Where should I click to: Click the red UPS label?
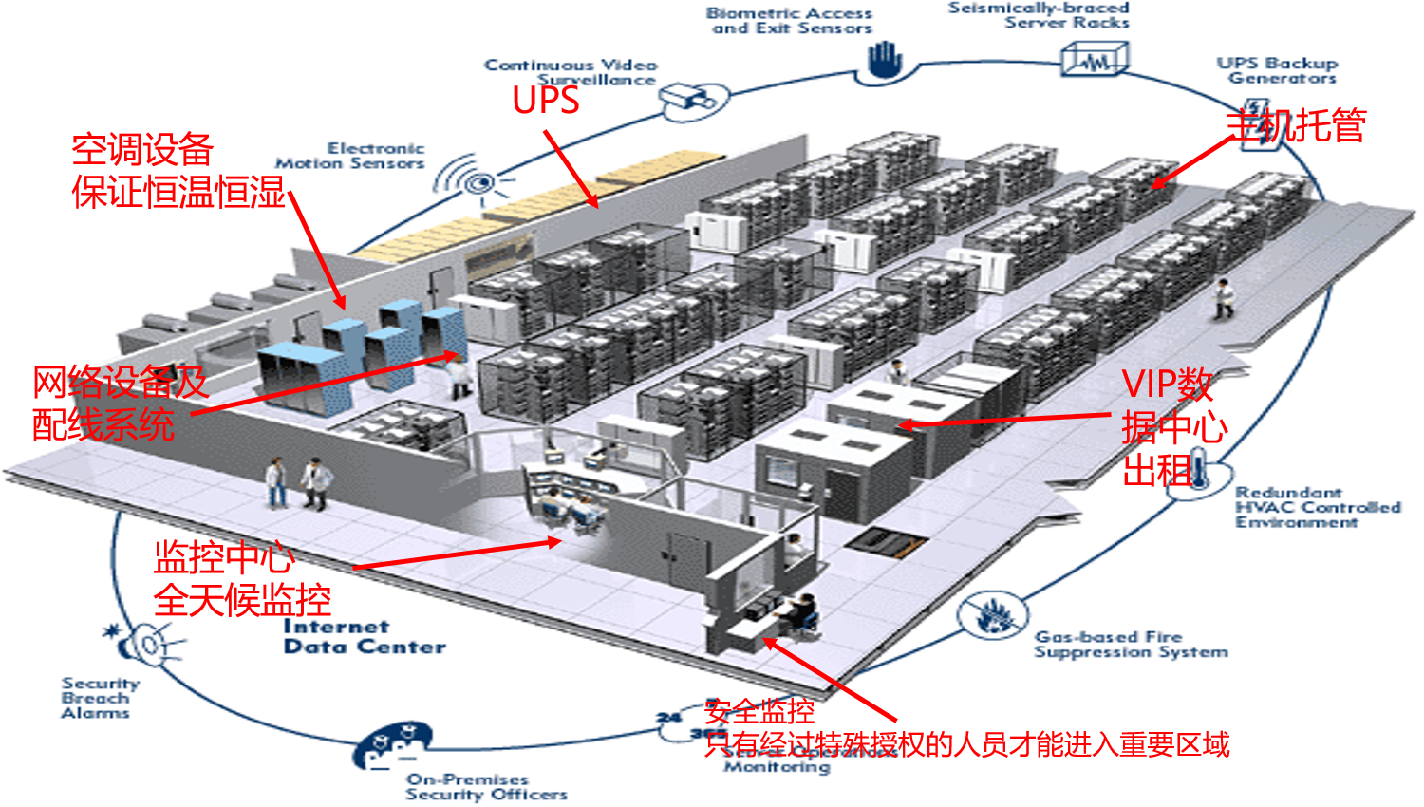[x=546, y=101]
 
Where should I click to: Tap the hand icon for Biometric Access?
[x=883, y=60]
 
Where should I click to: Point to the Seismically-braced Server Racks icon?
[x=1095, y=61]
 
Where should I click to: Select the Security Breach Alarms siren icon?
[x=142, y=643]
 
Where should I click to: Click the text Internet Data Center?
[x=364, y=637]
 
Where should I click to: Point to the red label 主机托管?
[x=1296, y=124]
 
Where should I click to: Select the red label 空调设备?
[x=142, y=150]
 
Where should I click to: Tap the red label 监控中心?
[x=224, y=557]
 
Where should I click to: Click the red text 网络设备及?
[x=121, y=383]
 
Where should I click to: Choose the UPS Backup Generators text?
[x=1280, y=70]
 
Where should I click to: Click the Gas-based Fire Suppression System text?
[x=1130, y=644]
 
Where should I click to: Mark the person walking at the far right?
[x=1224, y=298]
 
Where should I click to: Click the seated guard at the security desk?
[x=804, y=612]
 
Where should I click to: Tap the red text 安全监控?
[x=759, y=711]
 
